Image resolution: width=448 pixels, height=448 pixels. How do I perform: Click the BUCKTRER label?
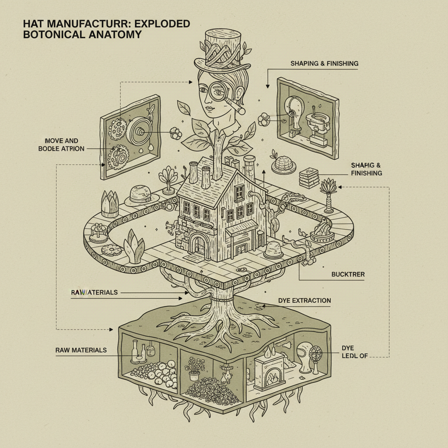point(348,274)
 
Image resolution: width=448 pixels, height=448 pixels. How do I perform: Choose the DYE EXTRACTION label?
point(304,301)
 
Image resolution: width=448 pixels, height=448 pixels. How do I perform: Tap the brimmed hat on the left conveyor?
point(141,195)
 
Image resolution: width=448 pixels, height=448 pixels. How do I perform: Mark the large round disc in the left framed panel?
point(141,130)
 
